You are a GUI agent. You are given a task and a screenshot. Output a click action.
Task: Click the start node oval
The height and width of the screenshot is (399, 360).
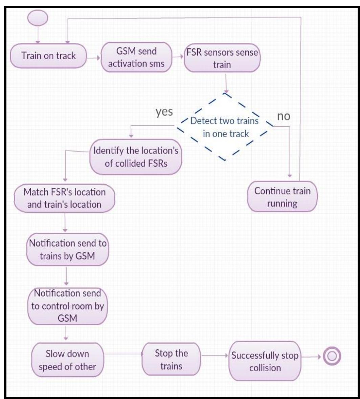(x=37, y=18)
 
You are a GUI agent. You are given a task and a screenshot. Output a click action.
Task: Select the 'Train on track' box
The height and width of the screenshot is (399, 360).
(x=49, y=56)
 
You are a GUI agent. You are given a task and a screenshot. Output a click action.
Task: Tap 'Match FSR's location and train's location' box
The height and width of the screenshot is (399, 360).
(x=64, y=199)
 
